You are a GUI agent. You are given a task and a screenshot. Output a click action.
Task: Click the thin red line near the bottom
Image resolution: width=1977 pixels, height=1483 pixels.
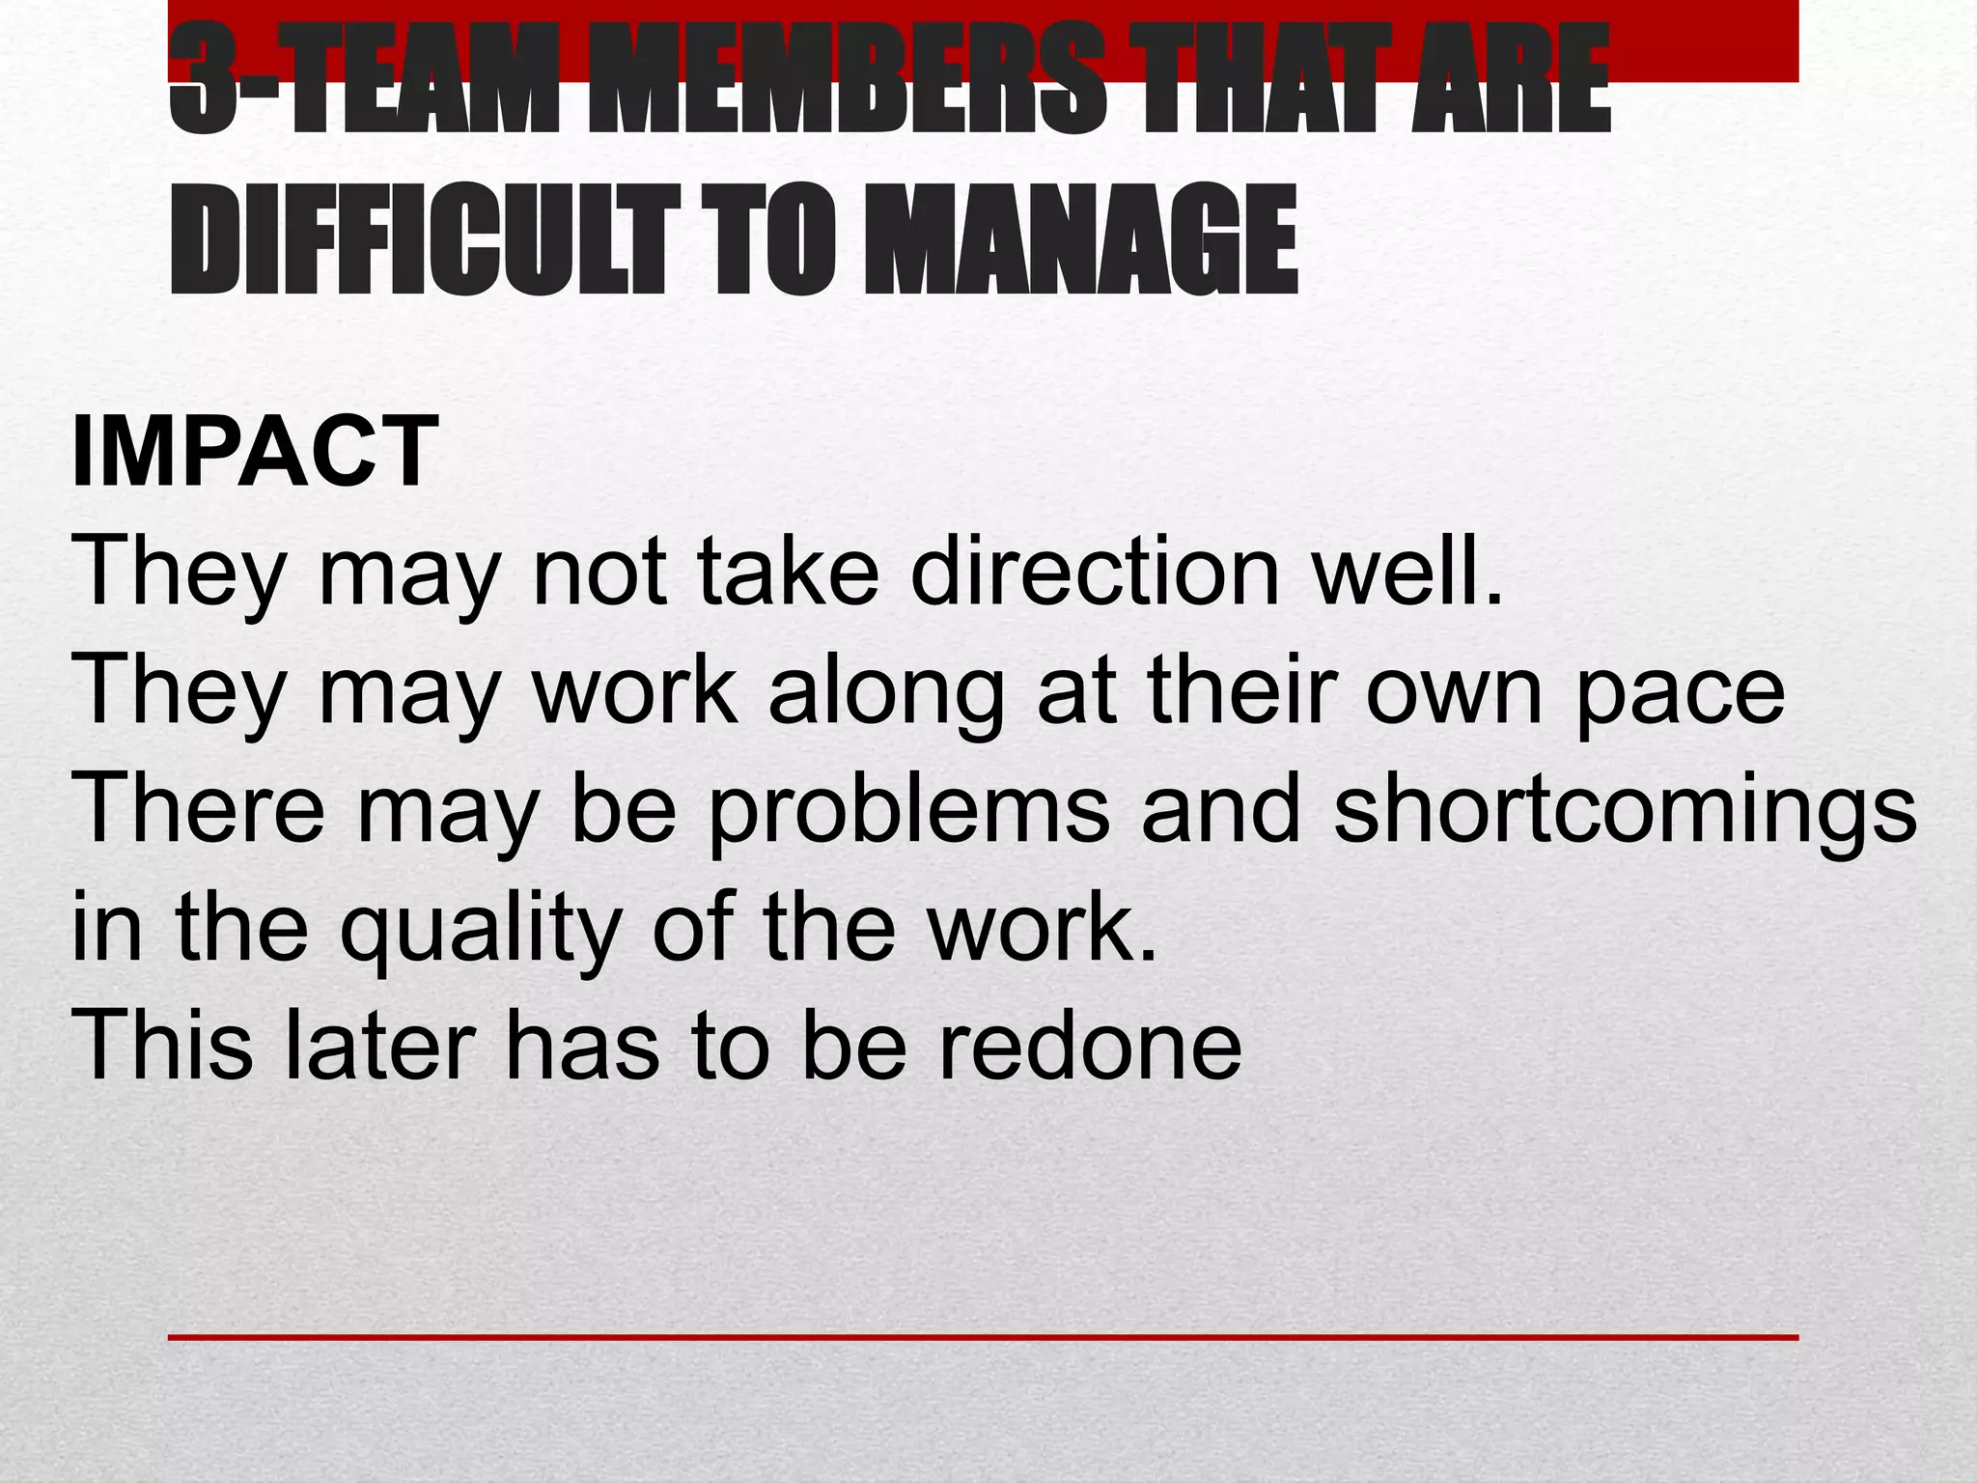(983, 1337)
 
